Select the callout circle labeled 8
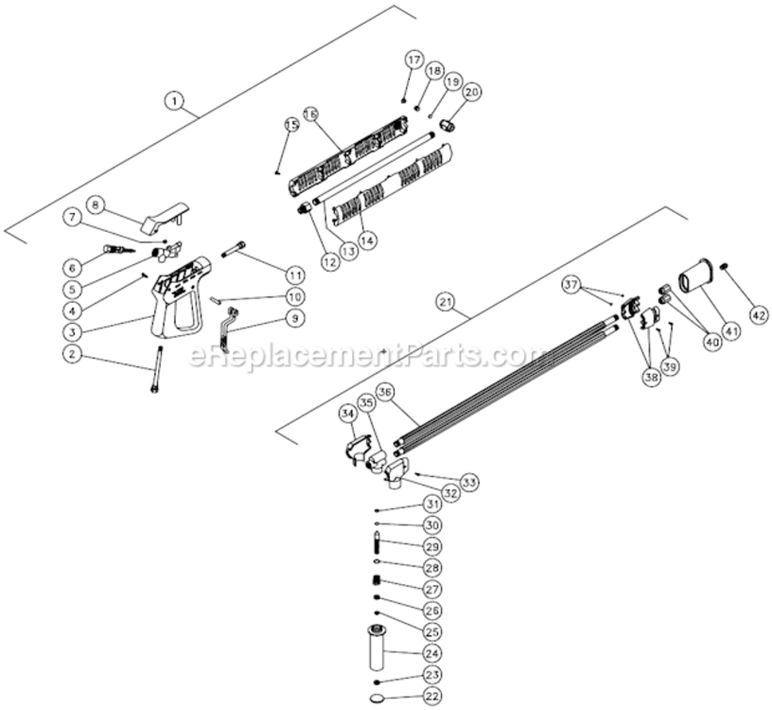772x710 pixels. point(96,204)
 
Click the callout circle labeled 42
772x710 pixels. point(759,313)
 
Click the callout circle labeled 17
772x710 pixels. point(413,60)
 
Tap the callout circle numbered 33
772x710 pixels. point(469,483)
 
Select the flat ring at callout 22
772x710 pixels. point(378,698)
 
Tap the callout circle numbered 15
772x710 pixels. point(291,126)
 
